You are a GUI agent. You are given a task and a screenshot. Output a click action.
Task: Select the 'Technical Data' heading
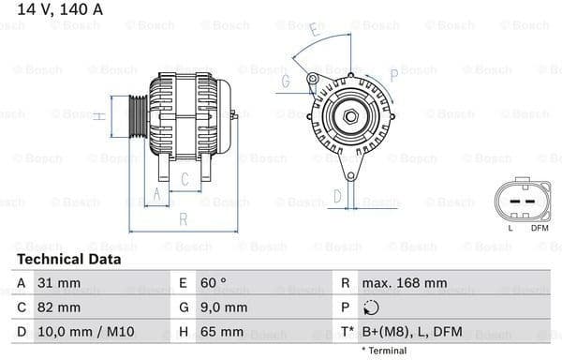tap(68, 259)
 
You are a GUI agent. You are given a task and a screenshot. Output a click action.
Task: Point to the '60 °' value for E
tap(212, 283)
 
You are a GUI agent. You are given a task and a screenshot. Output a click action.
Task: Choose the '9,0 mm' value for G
tap(222, 307)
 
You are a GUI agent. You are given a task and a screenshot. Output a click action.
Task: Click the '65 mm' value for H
tap(221, 332)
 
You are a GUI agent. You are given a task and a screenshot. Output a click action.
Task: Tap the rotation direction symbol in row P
tap(374, 307)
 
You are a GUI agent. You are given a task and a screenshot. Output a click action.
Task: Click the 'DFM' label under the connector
tap(540, 228)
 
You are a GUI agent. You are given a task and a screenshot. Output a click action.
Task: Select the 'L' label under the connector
tap(510, 228)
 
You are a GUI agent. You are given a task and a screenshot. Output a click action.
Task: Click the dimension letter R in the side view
tap(183, 218)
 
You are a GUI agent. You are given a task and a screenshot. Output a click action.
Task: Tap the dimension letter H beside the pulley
tap(98, 115)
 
